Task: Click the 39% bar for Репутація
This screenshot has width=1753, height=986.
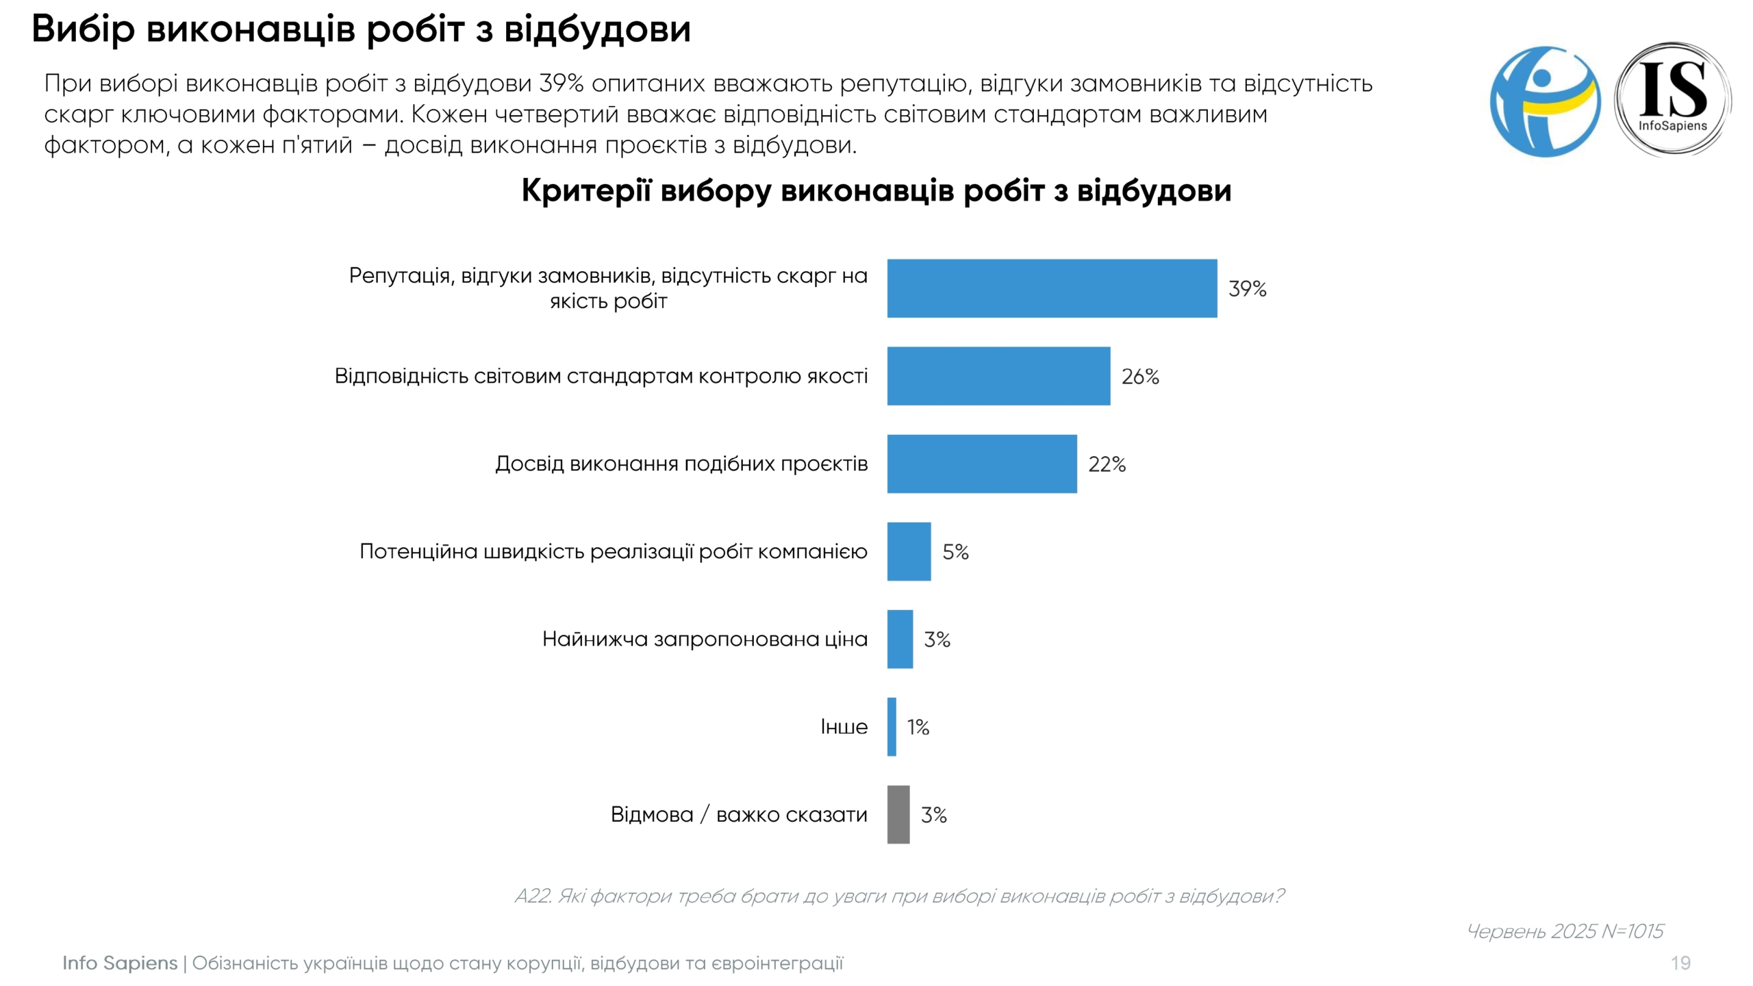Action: (x=1052, y=288)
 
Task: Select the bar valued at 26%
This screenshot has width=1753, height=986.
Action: (x=998, y=376)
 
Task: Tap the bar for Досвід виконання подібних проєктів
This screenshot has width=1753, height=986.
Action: (x=982, y=464)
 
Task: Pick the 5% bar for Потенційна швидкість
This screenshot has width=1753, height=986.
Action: (x=909, y=551)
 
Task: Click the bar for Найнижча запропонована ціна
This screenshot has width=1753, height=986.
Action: (x=900, y=639)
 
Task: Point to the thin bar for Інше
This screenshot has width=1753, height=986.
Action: (x=892, y=726)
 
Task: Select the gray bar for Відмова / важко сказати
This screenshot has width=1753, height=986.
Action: (x=898, y=814)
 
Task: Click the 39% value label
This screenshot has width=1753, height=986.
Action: (x=1247, y=289)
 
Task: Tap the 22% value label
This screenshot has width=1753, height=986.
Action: (x=1107, y=464)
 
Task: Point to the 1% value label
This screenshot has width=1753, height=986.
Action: (x=918, y=727)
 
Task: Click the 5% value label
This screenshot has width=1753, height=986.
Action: (x=955, y=552)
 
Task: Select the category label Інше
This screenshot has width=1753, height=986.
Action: (x=844, y=726)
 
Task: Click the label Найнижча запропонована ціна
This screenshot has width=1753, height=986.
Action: (x=705, y=639)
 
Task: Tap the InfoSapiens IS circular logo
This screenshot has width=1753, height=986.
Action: (x=1672, y=100)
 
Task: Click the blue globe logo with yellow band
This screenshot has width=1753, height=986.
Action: (x=1545, y=101)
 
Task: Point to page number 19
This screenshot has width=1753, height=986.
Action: (x=1680, y=963)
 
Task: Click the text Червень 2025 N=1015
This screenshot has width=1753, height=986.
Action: (x=1565, y=931)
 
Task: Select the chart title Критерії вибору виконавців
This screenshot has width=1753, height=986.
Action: (x=876, y=190)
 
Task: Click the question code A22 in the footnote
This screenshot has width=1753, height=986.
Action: (x=532, y=896)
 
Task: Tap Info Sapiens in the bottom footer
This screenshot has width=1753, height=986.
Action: (x=120, y=963)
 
